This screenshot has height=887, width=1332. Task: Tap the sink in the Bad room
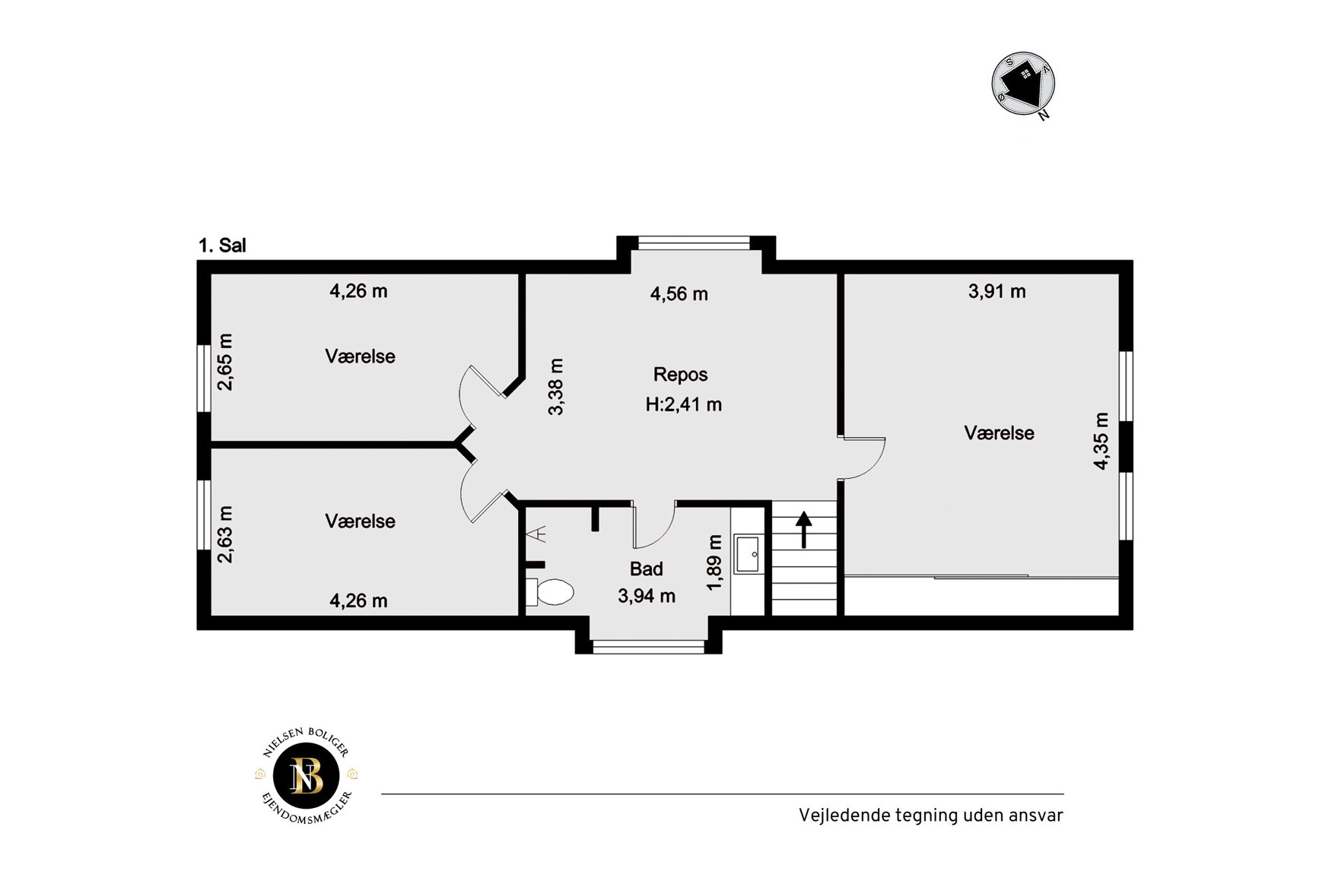pos(747,553)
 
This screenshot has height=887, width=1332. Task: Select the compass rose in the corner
pos(1024,84)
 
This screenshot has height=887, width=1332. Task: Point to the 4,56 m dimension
pos(679,294)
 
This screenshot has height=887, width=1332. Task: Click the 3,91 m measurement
pos(997,291)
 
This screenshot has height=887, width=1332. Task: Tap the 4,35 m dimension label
pos(1101,441)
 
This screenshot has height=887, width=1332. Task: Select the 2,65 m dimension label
pos(225,362)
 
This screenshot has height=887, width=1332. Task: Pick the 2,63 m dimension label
pos(225,534)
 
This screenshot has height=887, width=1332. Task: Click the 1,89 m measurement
pos(714,562)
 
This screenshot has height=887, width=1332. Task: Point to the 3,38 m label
pos(556,387)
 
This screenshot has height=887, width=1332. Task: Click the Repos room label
pos(680,375)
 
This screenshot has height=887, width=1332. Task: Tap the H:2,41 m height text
pos(683,404)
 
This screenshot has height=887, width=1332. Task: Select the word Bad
pos(646,569)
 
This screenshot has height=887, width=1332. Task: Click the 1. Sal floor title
pos(222,246)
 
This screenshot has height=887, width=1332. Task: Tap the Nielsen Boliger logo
pos(307,776)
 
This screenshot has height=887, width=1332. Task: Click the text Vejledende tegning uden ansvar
pos(930,816)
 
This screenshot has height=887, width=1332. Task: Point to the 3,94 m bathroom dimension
pos(647,596)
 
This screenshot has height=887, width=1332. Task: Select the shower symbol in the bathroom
pos(539,534)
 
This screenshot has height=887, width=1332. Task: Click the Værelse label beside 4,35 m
pos(999,433)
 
